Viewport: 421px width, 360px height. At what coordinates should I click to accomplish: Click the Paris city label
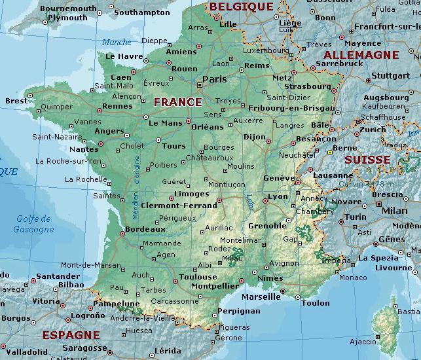pos(214,79)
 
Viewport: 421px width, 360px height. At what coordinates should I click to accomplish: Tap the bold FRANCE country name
pos(177,102)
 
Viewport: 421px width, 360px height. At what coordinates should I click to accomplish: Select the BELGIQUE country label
pos(241,7)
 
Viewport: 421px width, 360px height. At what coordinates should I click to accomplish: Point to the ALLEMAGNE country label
pos(361,55)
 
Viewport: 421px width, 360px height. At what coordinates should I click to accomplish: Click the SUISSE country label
pos(367,160)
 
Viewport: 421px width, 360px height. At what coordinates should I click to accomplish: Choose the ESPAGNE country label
pos(71,335)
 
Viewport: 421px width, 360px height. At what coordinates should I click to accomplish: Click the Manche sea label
pos(117,43)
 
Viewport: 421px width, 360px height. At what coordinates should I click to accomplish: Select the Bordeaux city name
pos(144,229)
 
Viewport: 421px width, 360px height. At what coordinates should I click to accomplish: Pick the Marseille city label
pos(261,296)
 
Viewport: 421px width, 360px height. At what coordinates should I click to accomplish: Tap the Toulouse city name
pos(198,277)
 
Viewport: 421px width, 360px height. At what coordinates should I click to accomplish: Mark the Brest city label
pos(16,101)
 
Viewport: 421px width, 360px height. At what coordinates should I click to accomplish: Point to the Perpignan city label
pos(238,311)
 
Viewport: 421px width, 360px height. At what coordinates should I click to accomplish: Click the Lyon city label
pos(278,196)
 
